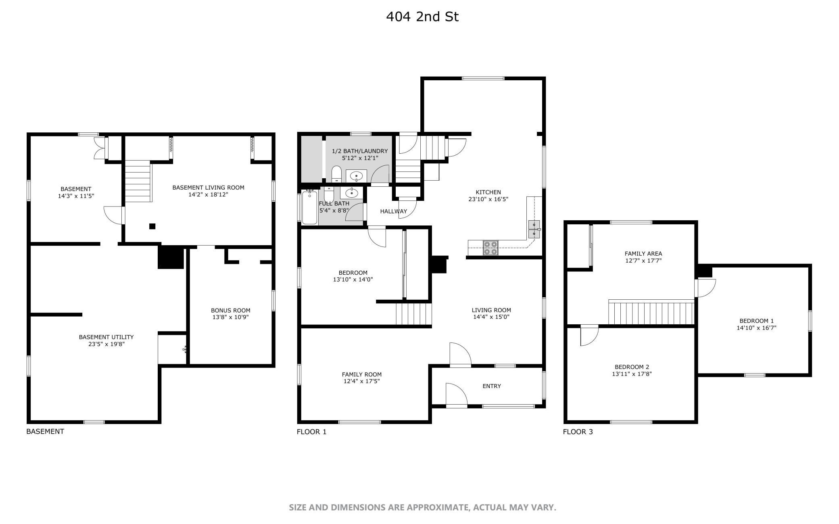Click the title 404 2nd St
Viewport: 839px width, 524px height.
click(x=422, y=17)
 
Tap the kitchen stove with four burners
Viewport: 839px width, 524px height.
click(x=490, y=248)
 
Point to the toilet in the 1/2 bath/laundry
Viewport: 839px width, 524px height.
click(x=336, y=175)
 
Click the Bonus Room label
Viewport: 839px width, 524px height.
click(x=230, y=310)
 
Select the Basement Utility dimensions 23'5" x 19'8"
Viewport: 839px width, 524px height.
click(x=106, y=344)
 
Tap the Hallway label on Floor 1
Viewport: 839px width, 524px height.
click(x=393, y=211)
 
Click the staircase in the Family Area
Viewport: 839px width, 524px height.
click(x=651, y=312)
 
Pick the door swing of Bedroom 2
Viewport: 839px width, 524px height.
click(x=589, y=336)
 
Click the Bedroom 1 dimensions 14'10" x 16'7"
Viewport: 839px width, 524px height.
click(x=756, y=328)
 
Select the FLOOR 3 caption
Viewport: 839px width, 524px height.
click(x=578, y=432)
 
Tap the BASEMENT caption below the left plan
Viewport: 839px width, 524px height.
click(x=45, y=431)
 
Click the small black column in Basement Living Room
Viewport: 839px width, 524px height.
click(x=152, y=226)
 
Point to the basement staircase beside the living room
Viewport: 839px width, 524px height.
click(x=138, y=181)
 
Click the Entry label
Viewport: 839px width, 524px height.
click(x=491, y=386)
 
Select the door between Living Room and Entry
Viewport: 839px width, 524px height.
click(x=460, y=355)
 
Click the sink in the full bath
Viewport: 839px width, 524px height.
click(x=352, y=193)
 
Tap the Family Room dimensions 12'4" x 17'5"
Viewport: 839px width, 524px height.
click(x=361, y=381)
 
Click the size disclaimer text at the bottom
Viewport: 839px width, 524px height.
click(x=422, y=507)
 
